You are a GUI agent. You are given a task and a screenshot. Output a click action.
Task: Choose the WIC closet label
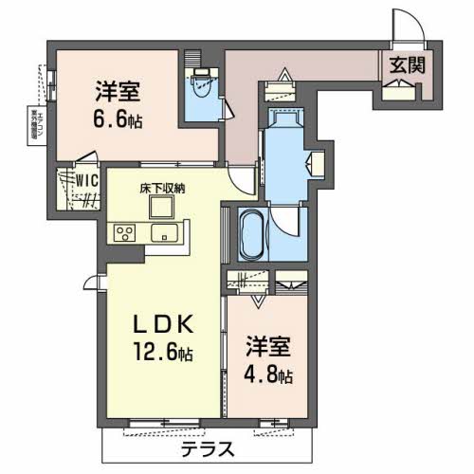coord(89,176)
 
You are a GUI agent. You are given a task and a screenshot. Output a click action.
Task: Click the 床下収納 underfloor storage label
coord(164,188)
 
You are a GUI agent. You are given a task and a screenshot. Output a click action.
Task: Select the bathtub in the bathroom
coord(251,232)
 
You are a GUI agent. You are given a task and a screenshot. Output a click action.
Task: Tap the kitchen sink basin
coord(168,232)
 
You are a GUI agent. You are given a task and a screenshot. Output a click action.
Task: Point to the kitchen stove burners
coord(126,232)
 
